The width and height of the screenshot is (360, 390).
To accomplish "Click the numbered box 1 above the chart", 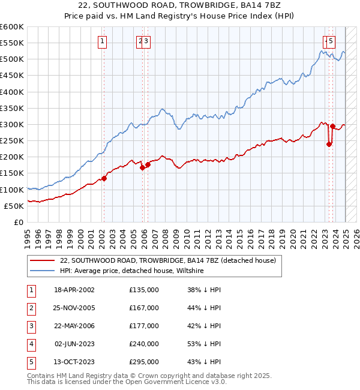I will (x=103, y=41).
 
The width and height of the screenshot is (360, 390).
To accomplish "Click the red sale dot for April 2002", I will (x=104, y=178).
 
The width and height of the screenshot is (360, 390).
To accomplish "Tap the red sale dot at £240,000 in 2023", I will (x=329, y=144).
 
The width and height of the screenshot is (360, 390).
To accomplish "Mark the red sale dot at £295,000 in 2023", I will (x=332, y=126).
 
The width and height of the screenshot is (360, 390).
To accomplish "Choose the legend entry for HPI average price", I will (x=132, y=271).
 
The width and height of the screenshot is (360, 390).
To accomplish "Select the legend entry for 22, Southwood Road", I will (x=167, y=260).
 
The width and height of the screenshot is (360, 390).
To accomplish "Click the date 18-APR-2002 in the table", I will (x=74, y=290).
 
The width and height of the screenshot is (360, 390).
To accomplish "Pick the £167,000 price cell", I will (x=144, y=308).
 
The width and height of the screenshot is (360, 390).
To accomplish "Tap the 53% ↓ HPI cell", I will (x=204, y=344).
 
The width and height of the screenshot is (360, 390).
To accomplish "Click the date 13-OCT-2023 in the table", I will (x=74, y=362).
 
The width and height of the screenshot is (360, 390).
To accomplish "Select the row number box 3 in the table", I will (x=31, y=326).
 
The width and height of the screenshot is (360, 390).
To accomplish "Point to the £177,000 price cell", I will (x=144, y=326).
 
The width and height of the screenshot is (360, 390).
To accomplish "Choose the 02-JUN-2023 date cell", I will (x=74, y=344).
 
